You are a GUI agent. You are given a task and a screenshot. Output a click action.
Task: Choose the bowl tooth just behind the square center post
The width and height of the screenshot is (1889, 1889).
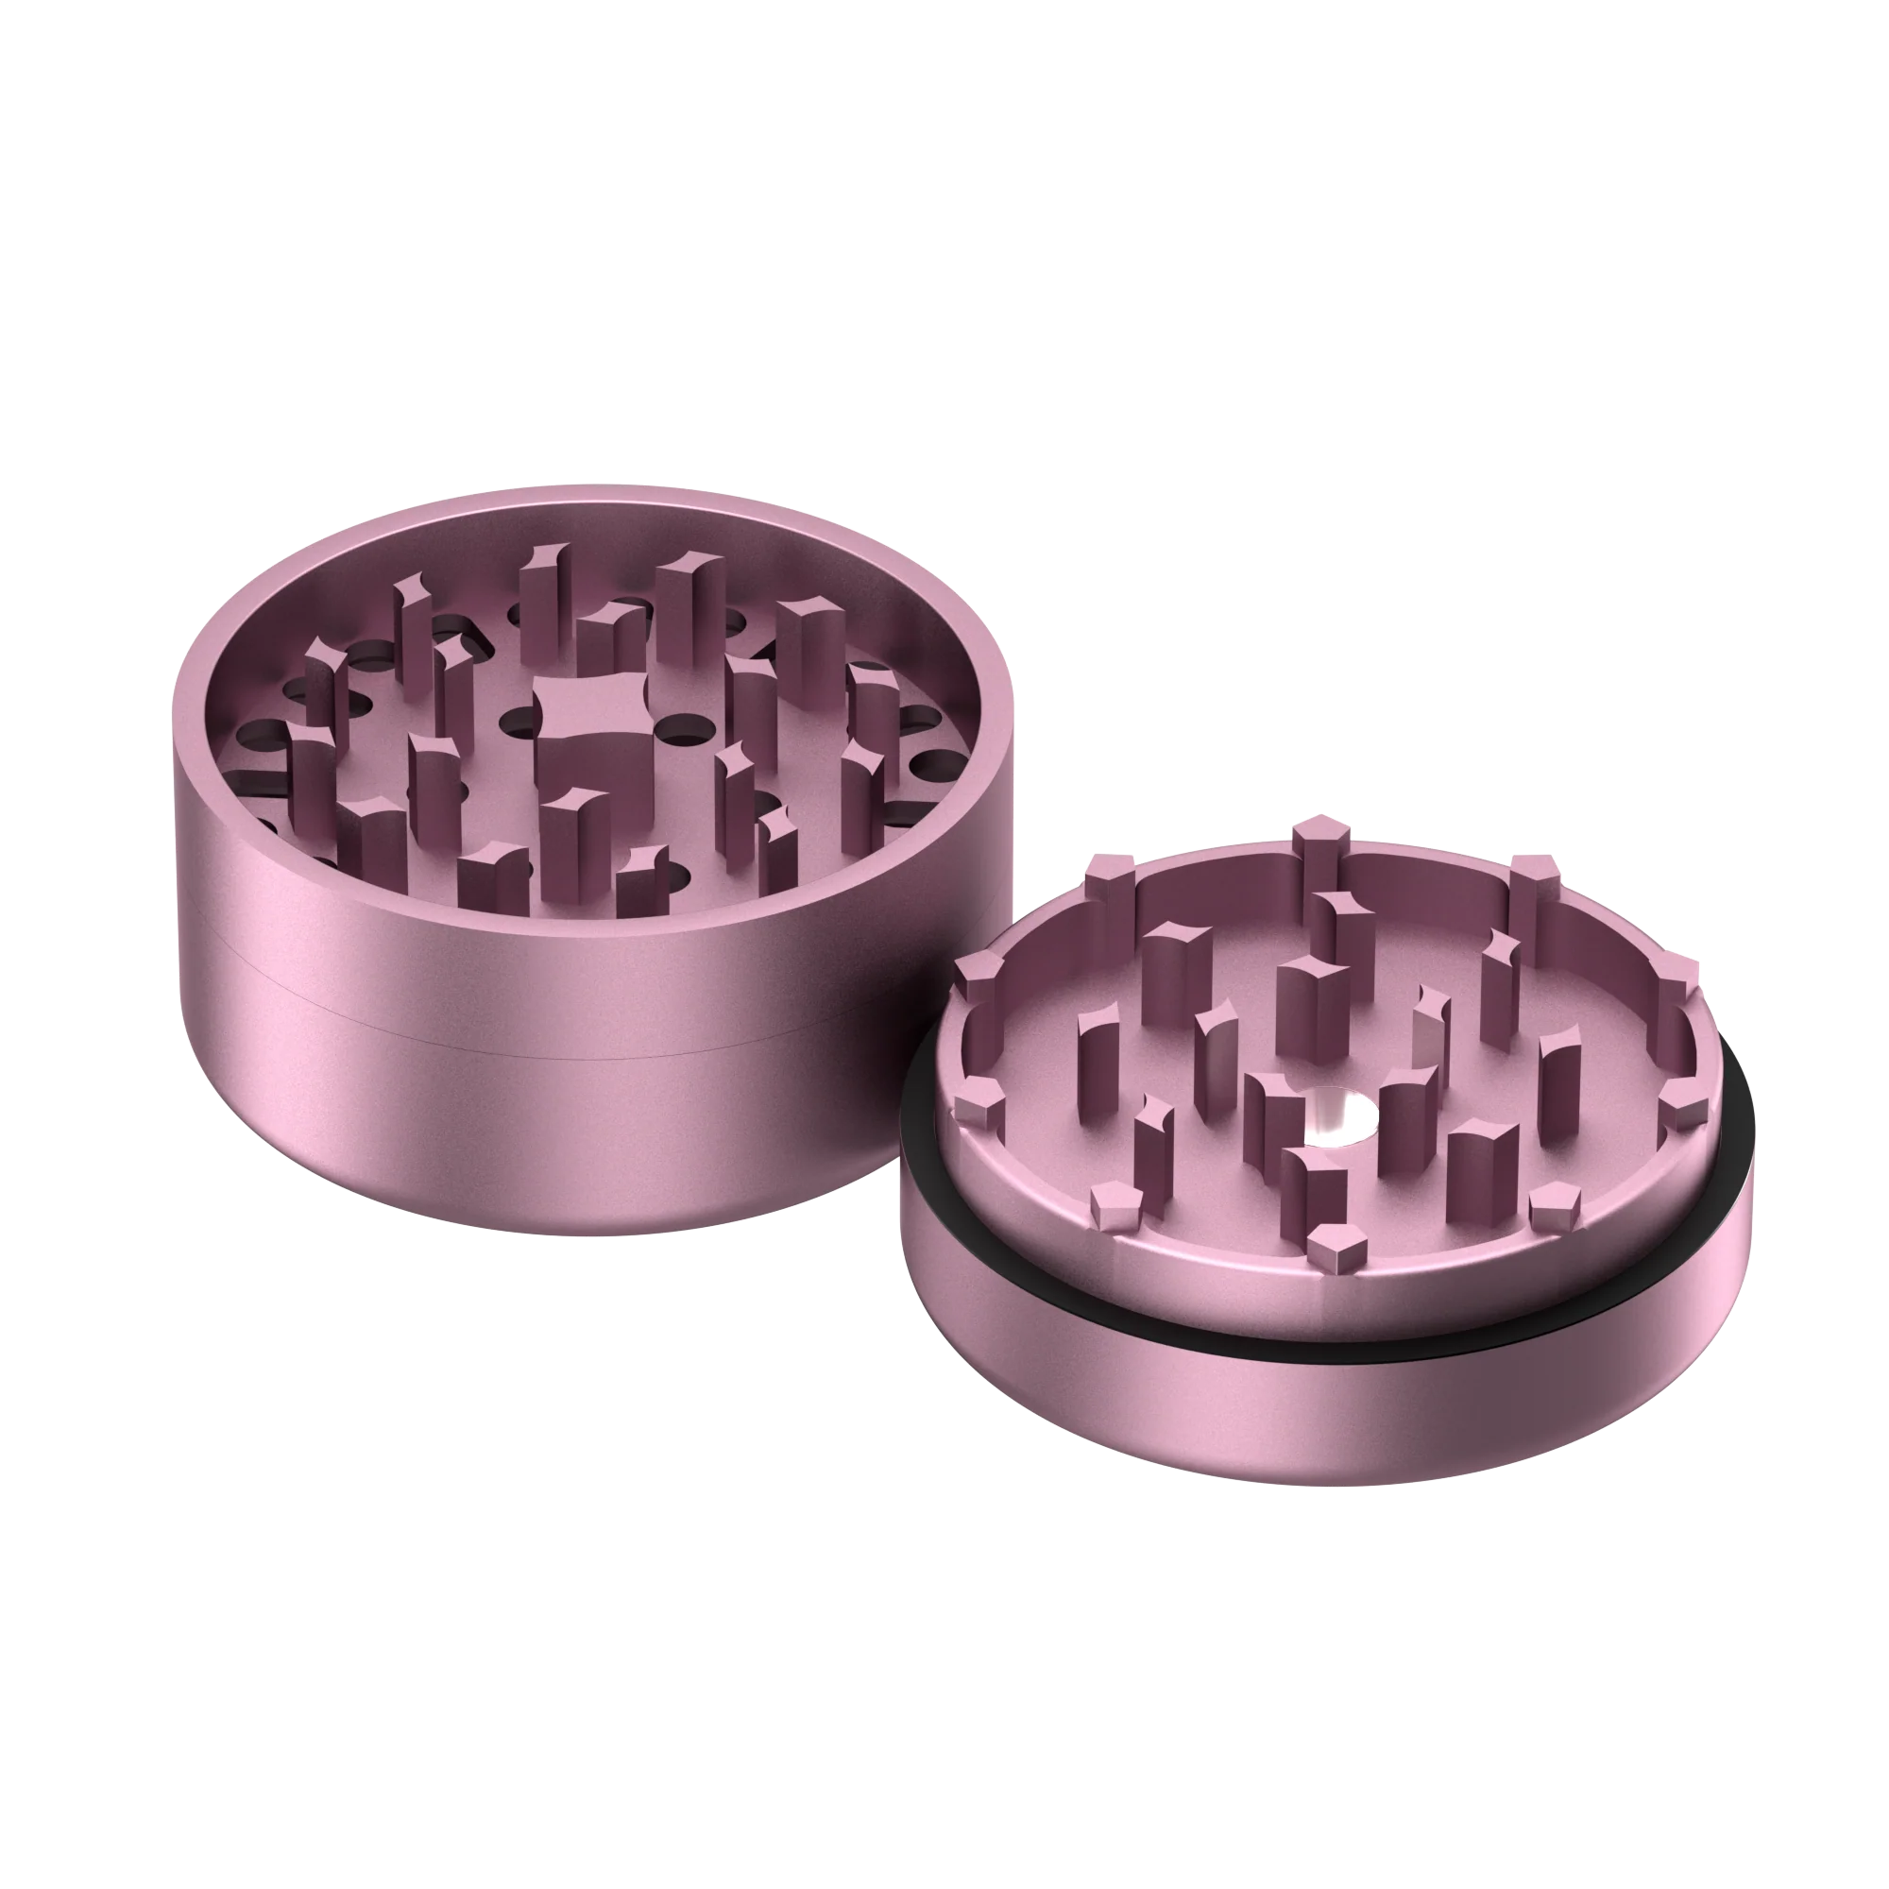click(x=610, y=640)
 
